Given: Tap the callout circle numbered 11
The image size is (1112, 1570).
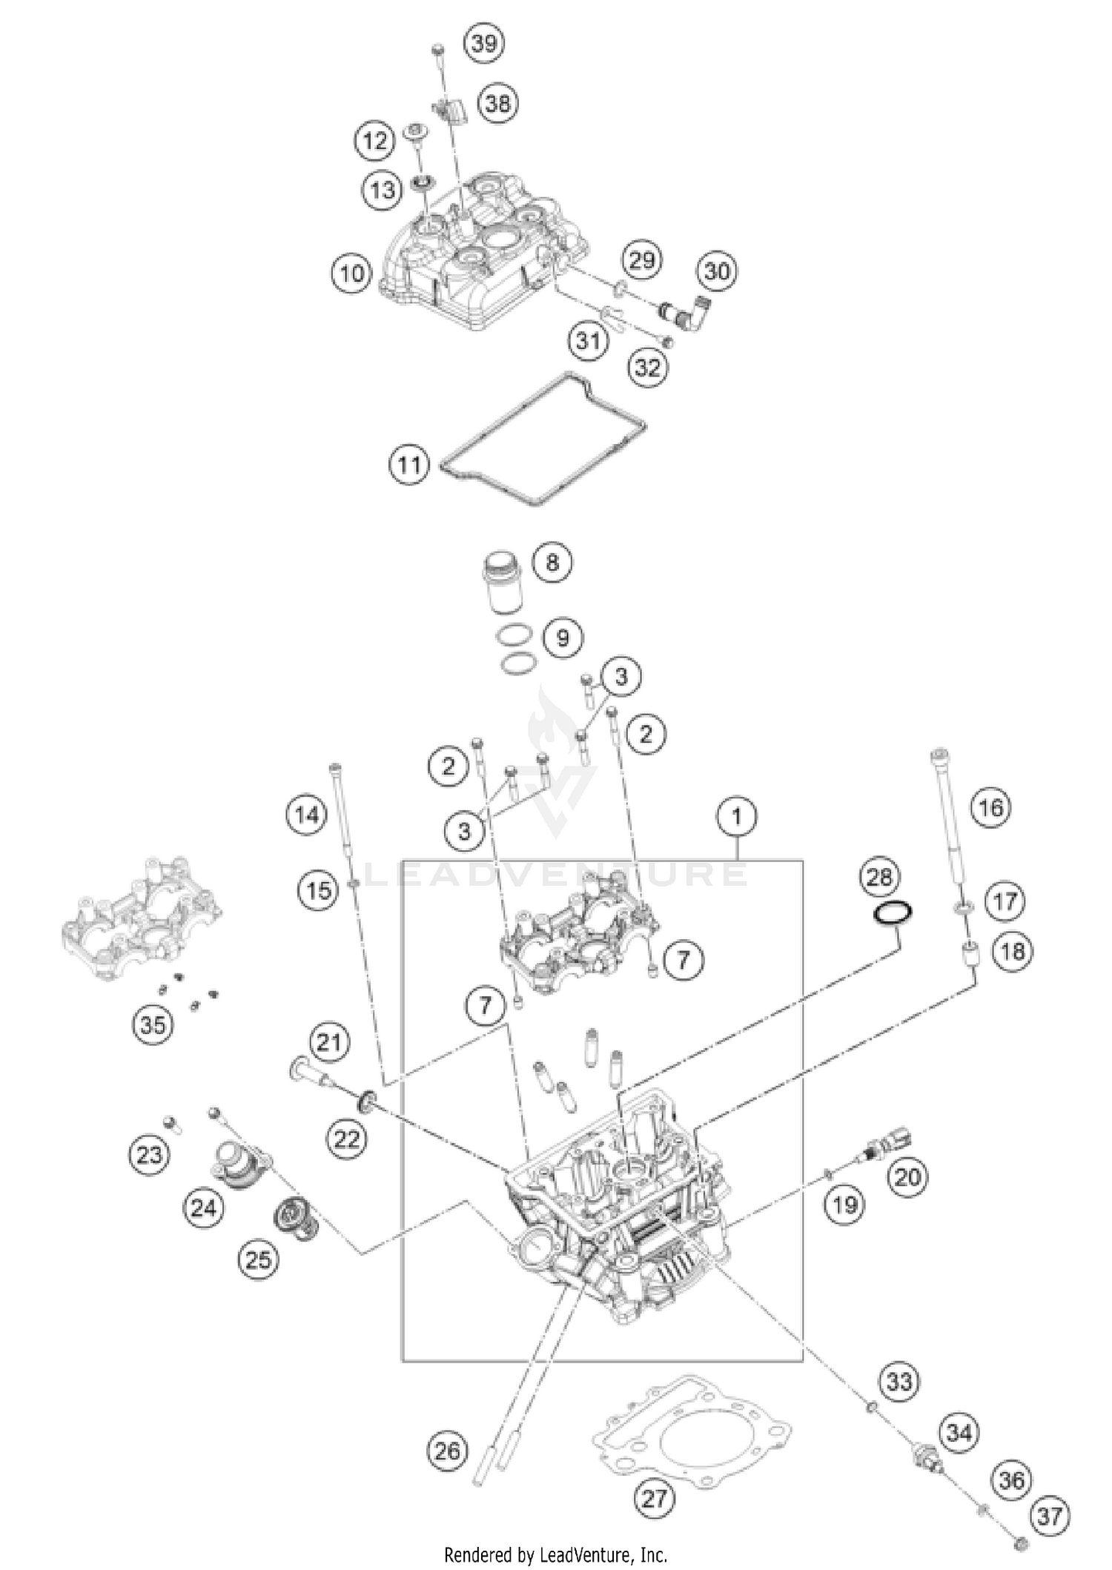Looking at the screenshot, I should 409,465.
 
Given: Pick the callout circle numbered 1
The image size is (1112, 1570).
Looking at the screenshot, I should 736,817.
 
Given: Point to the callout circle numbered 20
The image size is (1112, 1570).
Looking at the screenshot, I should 907,1177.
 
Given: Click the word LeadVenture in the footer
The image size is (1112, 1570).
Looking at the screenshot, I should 589,1554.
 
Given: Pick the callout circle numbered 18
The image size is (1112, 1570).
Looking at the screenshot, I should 1013,951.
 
